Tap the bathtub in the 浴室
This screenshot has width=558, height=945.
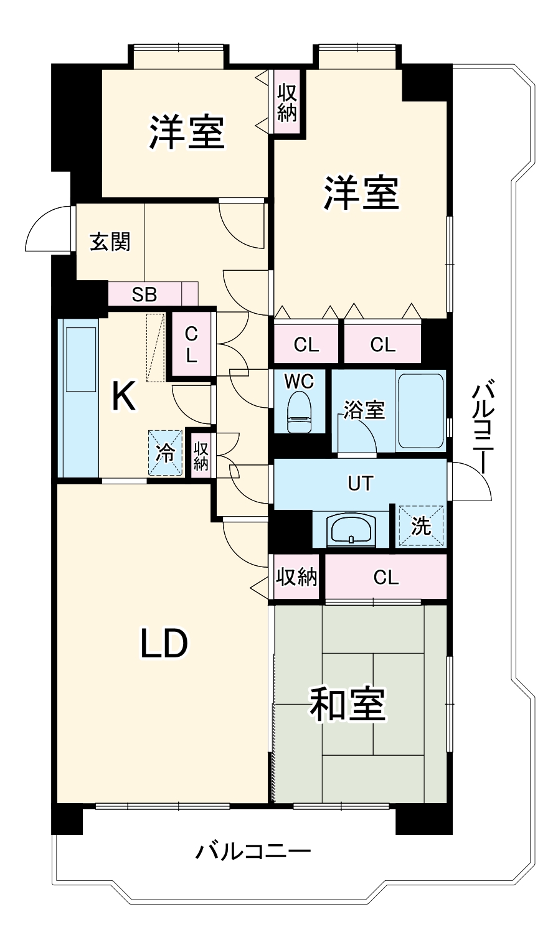(x=420, y=411)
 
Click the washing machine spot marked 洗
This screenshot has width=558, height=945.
(x=422, y=527)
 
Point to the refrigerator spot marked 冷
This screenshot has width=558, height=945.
(x=166, y=453)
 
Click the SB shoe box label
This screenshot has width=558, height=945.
(x=144, y=294)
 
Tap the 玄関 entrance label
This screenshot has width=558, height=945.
(x=110, y=242)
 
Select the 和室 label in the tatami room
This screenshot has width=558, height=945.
(x=348, y=705)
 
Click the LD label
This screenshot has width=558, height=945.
(x=163, y=644)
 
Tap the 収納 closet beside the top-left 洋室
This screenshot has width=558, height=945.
(x=287, y=103)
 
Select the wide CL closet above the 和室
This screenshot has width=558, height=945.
(x=386, y=578)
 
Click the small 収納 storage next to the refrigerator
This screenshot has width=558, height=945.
(x=201, y=456)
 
